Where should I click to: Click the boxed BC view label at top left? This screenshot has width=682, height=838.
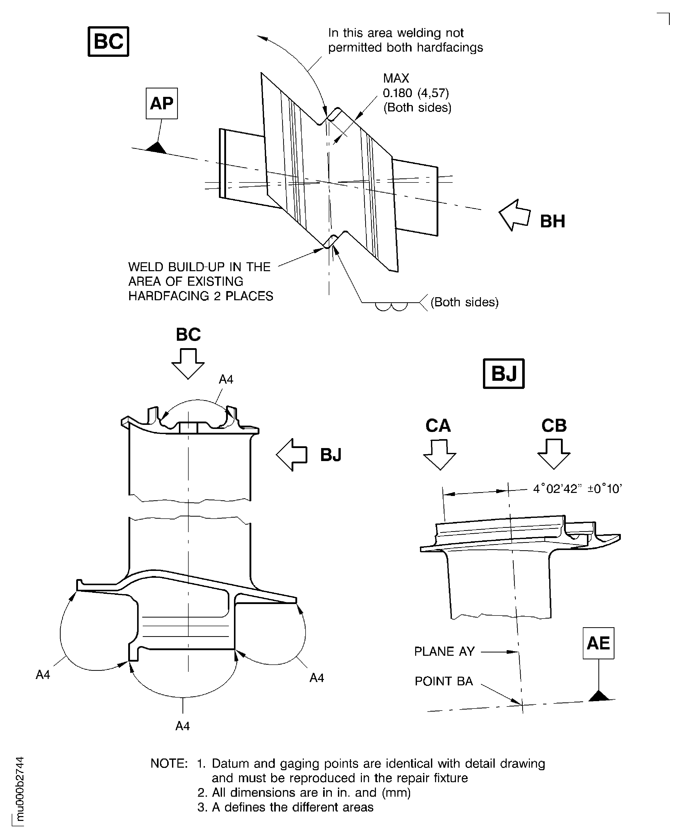[x=108, y=41]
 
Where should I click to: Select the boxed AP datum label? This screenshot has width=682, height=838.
[x=162, y=103]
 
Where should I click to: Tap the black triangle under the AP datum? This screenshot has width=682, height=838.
[x=157, y=148]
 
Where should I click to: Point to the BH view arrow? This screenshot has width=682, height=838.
[x=514, y=215]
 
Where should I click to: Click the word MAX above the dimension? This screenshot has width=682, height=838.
[x=396, y=78]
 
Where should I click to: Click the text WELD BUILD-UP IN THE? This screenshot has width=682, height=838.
[x=199, y=267]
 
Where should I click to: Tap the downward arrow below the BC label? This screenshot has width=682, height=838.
[x=188, y=363]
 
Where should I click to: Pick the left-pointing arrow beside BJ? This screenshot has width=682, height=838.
[x=292, y=455]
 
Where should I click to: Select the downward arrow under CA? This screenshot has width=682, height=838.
[x=440, y=455]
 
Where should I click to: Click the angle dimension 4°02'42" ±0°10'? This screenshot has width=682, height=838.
[x=577, y=489]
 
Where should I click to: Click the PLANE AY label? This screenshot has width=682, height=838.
[x=444, y=651]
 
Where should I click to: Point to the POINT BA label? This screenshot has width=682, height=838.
[x=443, y=681]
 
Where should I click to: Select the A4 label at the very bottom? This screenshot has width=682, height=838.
[x=183, y=726]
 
